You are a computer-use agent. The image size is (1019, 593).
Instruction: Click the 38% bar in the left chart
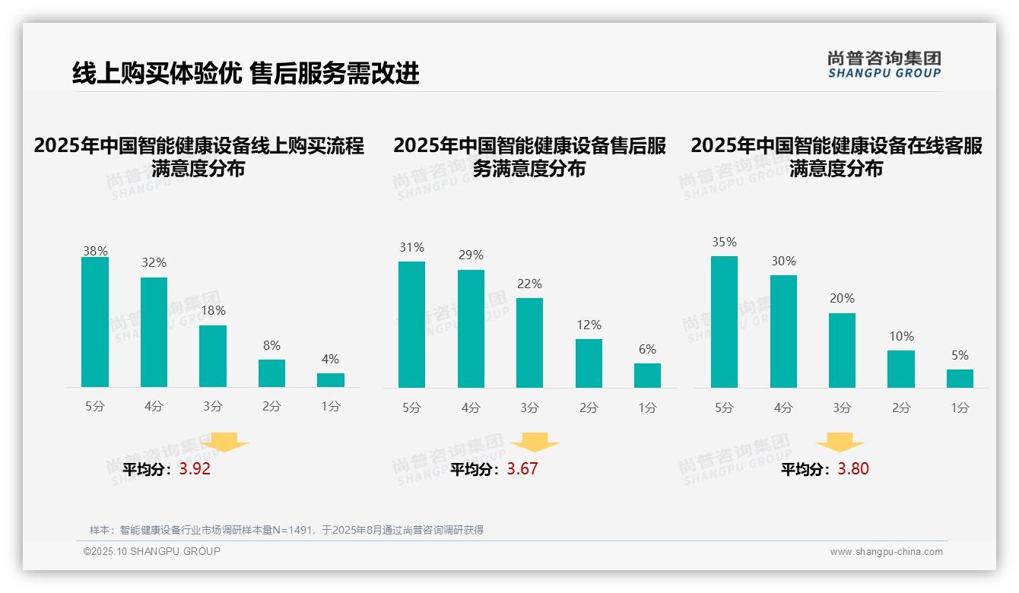95,322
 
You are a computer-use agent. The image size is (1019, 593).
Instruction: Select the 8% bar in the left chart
271,373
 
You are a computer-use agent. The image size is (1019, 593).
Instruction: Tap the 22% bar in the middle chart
529,343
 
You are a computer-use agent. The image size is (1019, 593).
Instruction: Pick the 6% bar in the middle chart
647,376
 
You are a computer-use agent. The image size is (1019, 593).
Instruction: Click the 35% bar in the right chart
724,322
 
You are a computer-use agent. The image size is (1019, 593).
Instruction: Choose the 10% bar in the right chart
901,369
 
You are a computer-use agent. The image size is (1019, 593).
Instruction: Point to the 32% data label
154,263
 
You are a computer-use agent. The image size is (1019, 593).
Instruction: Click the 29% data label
471,255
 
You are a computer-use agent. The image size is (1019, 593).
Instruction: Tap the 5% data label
960,356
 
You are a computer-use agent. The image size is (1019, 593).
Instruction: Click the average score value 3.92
195,469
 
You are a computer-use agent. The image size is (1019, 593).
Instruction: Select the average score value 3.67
522,469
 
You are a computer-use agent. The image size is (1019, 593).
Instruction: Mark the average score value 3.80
853,469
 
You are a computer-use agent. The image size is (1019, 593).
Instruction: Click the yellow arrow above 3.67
535,442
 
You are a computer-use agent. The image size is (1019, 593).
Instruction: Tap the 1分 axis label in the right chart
960,407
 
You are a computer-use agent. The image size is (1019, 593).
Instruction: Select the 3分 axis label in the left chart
213,407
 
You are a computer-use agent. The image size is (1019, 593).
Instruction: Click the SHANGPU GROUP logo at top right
884,65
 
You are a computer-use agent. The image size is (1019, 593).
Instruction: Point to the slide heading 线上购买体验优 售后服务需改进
246,73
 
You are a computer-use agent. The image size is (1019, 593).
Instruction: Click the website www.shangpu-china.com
886,552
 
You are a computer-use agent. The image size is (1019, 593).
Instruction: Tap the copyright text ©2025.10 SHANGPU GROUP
152,552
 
